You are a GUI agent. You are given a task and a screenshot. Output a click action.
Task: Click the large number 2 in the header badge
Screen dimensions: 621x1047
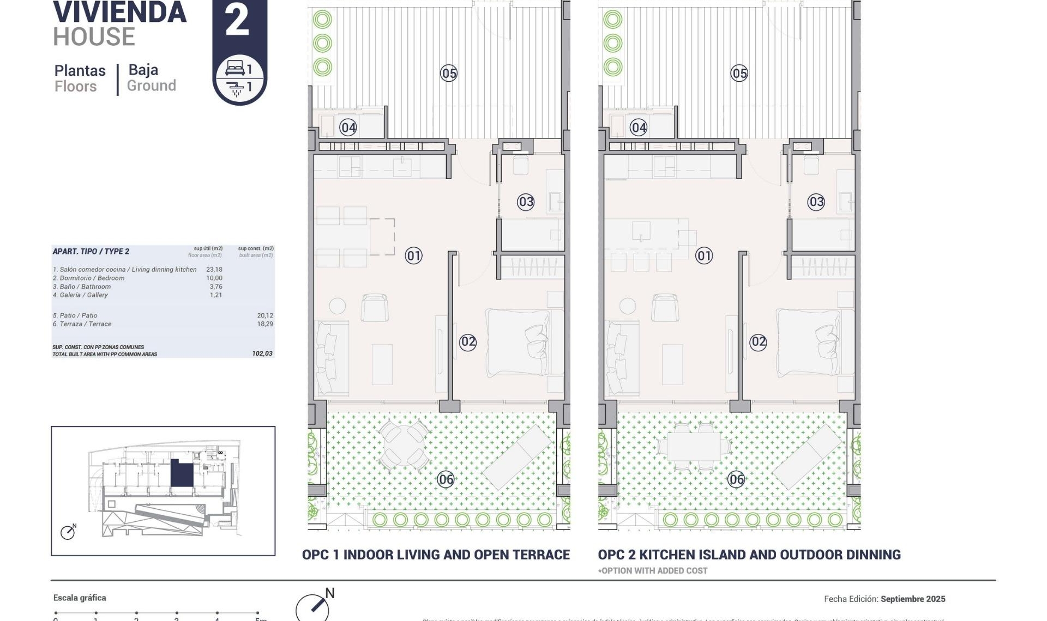(x=237, y=21)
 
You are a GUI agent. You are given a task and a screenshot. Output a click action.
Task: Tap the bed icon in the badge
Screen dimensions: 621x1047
(x=235, y=68)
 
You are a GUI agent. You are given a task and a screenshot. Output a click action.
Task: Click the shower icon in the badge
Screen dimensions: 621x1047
(x=236, y=88)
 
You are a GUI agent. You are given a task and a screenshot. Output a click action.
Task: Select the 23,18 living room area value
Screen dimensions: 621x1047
(x=214, y=269)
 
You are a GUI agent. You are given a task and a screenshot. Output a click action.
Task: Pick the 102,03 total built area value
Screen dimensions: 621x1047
(x=262, y=354)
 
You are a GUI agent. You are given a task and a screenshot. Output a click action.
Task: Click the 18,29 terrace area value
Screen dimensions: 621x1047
(x=265, y=324)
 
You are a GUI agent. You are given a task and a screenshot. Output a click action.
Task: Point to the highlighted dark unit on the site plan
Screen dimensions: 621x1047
(x=182, y=472)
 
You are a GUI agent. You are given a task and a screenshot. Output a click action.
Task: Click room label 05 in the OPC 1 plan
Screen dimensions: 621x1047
(x=448, y=73)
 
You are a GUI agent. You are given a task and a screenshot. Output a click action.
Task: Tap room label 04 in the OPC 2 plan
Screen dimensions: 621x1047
(x=639, y=127)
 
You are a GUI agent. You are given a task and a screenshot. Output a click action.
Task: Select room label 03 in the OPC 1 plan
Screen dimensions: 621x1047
(x=526, y=202)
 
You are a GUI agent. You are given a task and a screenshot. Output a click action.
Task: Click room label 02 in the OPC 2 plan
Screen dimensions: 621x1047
(x=758, y=342)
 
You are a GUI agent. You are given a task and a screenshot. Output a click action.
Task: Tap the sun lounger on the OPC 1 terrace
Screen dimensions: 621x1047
(x=517, y=457)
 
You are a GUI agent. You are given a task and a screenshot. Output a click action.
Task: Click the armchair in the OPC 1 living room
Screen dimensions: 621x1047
(x=375, y=308)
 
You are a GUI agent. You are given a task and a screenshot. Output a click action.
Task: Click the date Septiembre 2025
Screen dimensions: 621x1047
(x=913, y=599)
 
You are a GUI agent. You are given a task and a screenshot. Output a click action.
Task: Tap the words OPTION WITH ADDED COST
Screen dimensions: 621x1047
(x=654, y=570)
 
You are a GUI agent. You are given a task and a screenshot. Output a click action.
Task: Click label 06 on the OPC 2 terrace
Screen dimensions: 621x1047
(x=736, y=479)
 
